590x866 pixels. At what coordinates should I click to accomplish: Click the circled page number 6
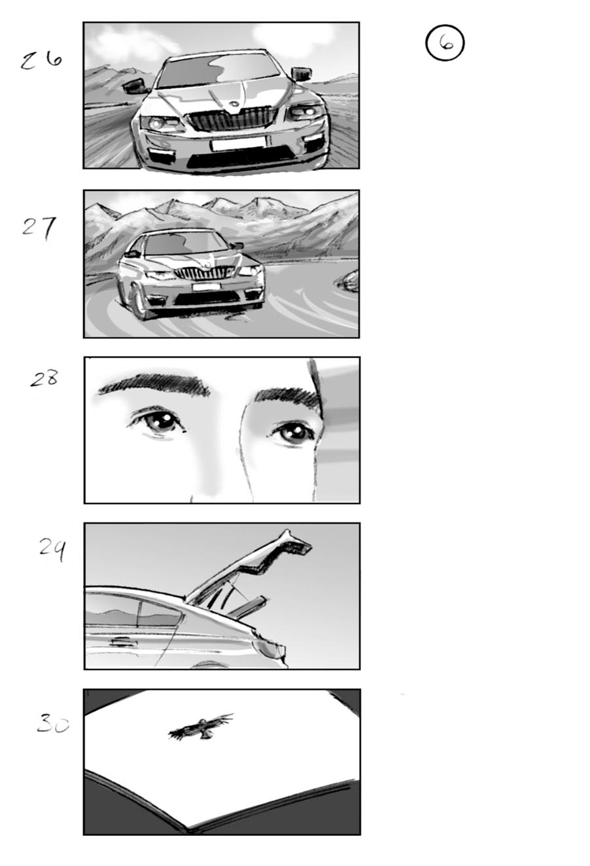click(x=445, y=43)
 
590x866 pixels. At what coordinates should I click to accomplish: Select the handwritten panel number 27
click(x=39, y=227)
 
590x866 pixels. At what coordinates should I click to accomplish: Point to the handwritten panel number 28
click(x=44, y=378)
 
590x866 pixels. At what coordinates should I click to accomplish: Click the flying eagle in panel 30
click(x=200, y=727)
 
